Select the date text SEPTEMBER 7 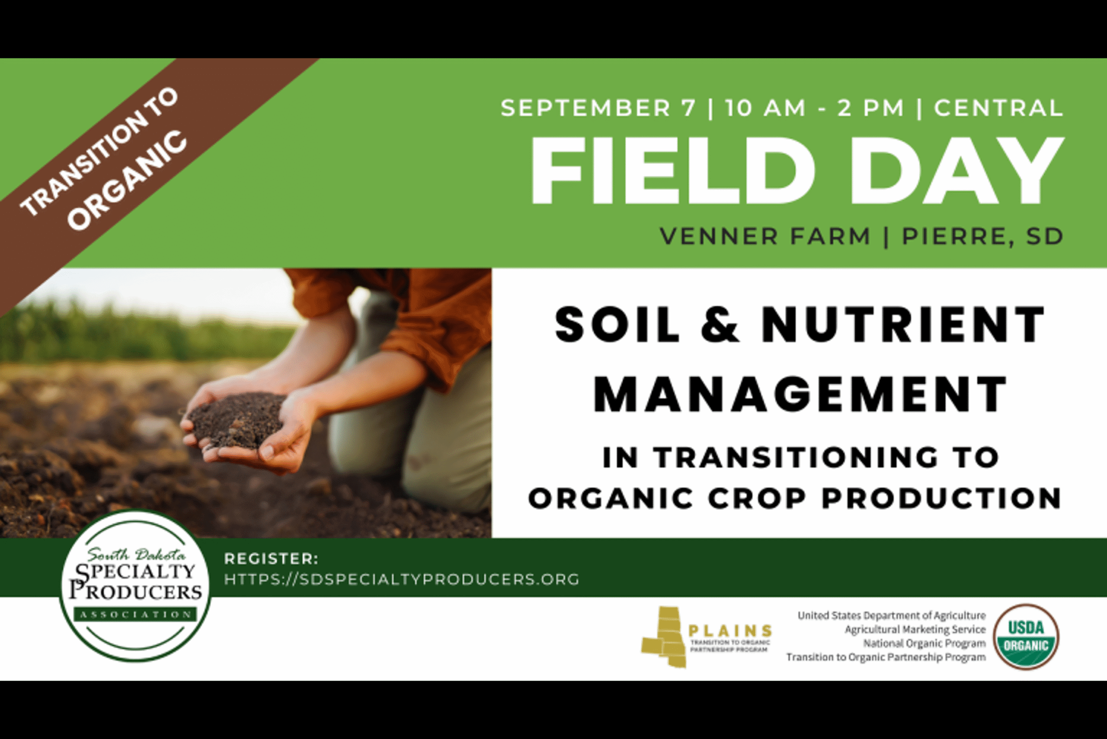(598, 108)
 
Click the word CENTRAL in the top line (998, 108)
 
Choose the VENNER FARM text (765, 236)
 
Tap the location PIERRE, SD (982, 236)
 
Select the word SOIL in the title (617, 325)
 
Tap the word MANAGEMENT (800, 394)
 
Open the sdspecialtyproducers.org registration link (402, 579)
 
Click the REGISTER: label (271, 559)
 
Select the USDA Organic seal (1026, 637)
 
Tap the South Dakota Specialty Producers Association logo (135, 586)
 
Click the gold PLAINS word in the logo (730, 630)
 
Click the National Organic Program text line (924, 643)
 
